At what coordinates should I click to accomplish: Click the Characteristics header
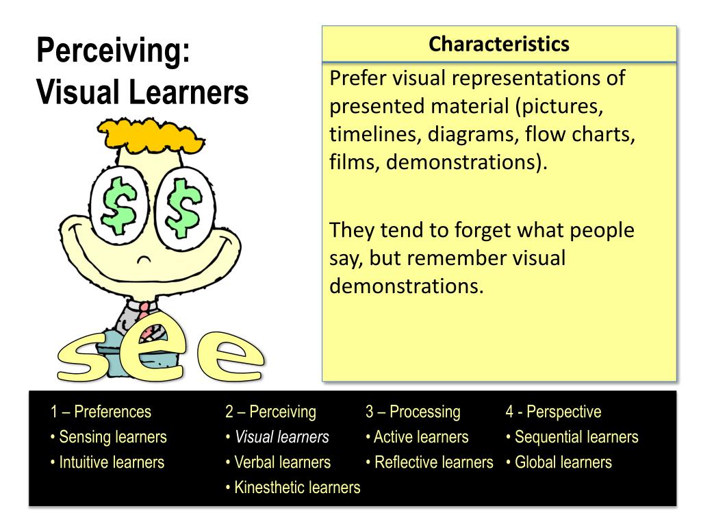point(499,45)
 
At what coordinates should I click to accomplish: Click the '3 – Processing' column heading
point(413,412)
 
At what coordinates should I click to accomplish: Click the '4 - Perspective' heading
point(553,412)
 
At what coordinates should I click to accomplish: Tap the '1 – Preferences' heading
point(101,412)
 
